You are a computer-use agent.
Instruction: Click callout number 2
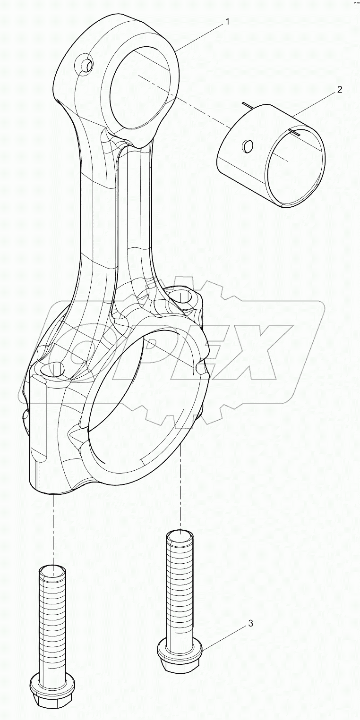click(x=339, y=89)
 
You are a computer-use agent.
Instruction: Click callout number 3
click(x=250, y=624)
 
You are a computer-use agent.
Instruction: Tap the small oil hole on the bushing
click(x=247, y=146)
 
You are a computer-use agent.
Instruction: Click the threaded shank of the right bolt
click(x=180, y=585)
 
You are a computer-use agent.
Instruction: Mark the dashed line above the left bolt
click(x=53, y=529)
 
